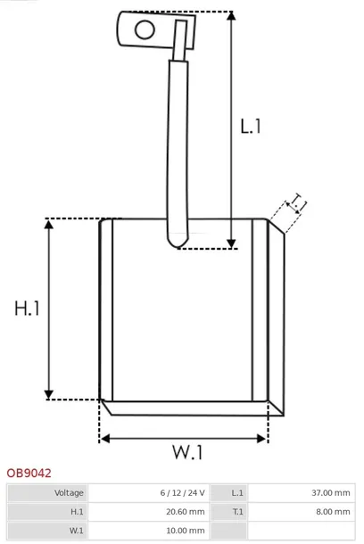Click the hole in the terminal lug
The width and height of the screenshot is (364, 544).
point(145,29)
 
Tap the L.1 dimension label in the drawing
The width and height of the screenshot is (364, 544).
point(251,126)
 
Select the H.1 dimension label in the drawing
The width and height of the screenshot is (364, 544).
point(27,308)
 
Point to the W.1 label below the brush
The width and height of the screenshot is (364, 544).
point(187,452)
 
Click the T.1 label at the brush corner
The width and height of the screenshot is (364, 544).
point(297,203)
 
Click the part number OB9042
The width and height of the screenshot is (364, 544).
point(29,474)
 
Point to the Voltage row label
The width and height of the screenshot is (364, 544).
point(69,492)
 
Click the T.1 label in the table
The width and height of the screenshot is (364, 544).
point(237,512)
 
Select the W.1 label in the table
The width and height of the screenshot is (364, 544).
point(77,531)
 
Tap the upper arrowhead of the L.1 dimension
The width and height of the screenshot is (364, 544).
point(231,16)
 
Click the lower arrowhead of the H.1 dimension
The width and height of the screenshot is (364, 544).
point(49,394)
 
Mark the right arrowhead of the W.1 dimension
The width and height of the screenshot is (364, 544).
point(261,439)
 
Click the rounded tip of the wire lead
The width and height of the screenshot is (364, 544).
point(178,243)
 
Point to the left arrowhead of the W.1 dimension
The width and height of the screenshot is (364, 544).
point(105,439)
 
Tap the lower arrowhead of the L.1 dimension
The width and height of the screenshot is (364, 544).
point(231,243)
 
